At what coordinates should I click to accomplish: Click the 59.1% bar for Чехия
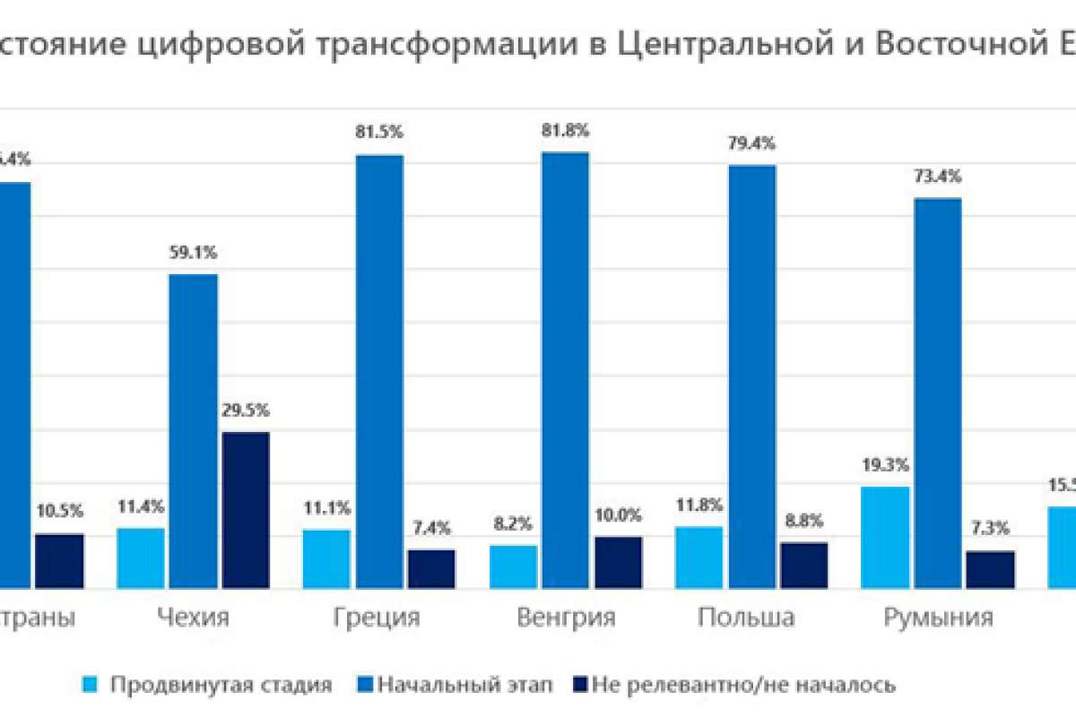coord(193,430)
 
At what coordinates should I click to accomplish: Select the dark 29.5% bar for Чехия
coord(245,509)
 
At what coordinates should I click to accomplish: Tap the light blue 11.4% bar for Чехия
coord(141,557)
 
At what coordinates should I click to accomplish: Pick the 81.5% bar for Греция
coord(379,371)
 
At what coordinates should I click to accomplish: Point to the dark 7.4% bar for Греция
coord(431,568)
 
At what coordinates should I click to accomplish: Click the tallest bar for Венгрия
coord(565,369)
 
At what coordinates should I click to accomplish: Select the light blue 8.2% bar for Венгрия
coord(514,566)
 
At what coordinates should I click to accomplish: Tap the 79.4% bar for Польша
coord(751,376)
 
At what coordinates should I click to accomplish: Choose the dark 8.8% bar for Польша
coord(803,565)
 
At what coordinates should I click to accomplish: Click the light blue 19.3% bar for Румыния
coord(885,537)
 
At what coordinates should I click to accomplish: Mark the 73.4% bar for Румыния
coord(938,393)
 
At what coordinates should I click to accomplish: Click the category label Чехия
coord(193,618)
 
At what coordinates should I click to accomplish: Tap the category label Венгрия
coord(566,618)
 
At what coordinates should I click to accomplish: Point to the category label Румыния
coord(939,618)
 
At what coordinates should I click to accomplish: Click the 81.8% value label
coord(566,130)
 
